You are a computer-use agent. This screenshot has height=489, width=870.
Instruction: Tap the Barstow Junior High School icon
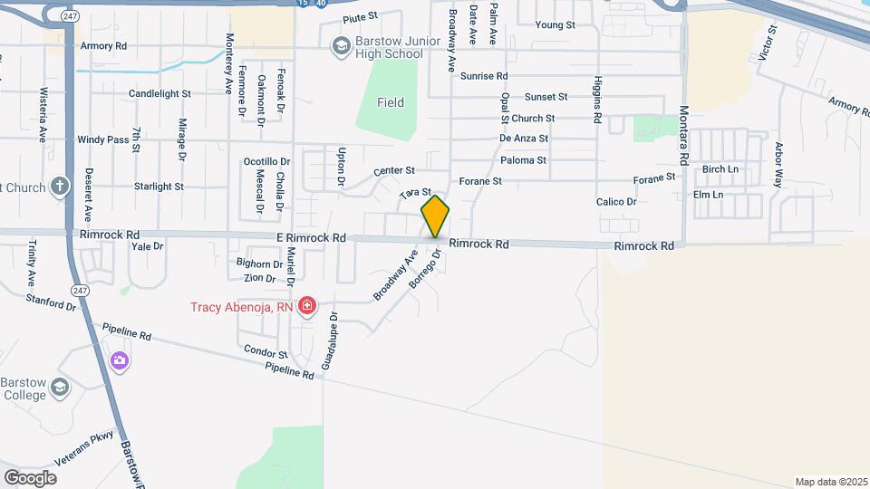click(x=341, y=45)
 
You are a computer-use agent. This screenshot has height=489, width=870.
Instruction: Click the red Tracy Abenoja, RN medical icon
click(x=307, y=306)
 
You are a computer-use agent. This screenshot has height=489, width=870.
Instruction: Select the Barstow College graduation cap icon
click(x=60, y=388)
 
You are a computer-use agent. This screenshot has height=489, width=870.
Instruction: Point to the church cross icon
click(x=60, y=187)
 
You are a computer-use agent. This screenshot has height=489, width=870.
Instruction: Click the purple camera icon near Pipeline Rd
click(x=120, y=361)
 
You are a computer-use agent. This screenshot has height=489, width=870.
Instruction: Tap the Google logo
click(x=30, y=477)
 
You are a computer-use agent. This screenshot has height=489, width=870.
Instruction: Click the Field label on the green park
click(x=391, y=102)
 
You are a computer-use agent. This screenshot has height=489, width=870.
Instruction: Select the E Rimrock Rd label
click(x=312, y=238)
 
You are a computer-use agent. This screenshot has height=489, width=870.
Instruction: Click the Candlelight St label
click(x=159, y=93)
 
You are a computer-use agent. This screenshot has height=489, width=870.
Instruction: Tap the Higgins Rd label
click(x=598, y=100)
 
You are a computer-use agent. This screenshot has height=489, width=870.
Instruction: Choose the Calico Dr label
click(x=616, y=202)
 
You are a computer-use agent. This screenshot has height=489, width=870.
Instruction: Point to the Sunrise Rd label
click(x=484, y=76)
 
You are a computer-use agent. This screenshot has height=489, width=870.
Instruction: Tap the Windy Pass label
click(x=102, y=139)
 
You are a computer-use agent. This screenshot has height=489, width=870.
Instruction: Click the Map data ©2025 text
click(x=829, y=482)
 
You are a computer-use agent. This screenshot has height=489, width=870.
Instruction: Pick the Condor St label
click(x=265, y=354)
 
